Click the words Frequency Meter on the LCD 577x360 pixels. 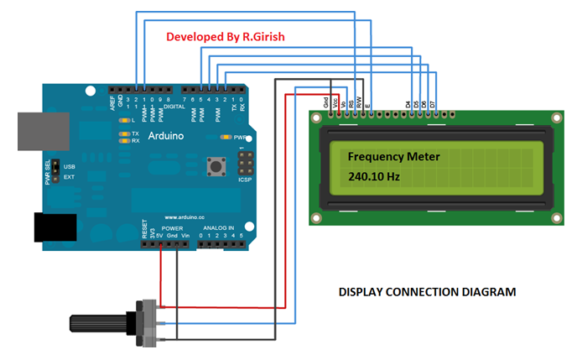tap(393, 157)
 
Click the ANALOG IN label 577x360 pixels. tap(219, 227)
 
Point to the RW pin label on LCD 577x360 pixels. tap(360, 102)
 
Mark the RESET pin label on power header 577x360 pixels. tap(144, 229)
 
